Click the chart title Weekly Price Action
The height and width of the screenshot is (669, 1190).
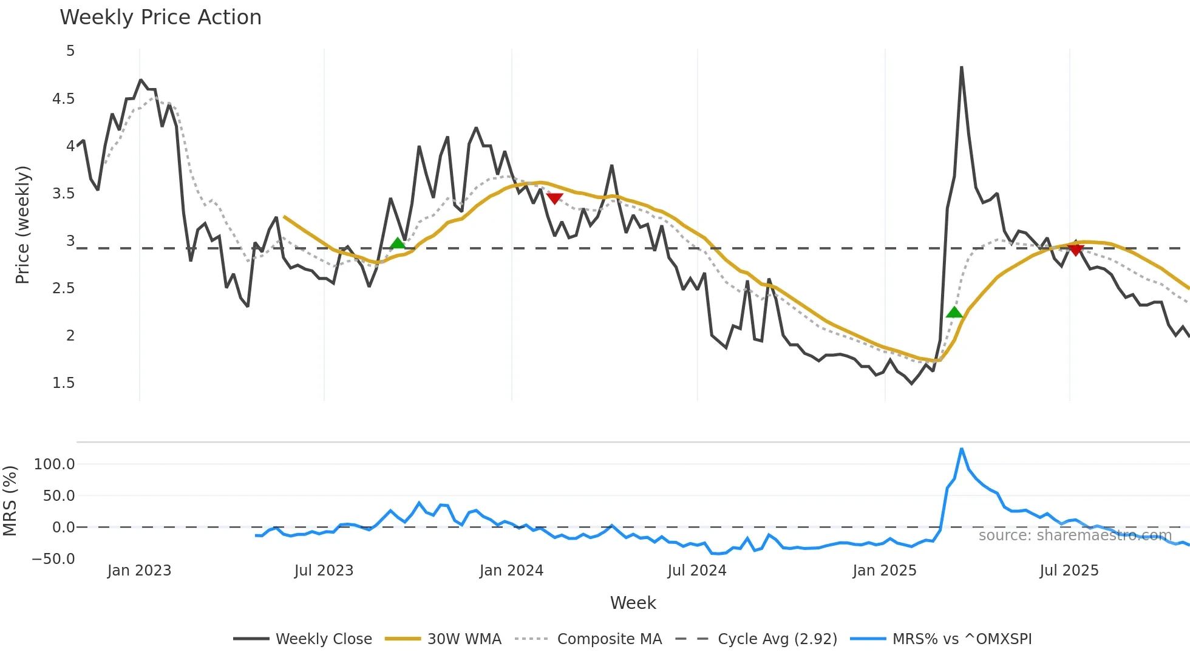click(160, 18)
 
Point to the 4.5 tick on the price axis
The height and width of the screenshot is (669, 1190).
click(64, 99)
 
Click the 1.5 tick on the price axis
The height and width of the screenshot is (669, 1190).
click(64, 383)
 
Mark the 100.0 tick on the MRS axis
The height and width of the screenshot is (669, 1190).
click(55, 464)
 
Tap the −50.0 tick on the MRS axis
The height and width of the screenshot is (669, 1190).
click(53, 559)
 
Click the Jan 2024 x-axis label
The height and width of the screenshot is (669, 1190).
click(511, 571)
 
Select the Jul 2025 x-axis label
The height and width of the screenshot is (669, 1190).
click(1069, 571)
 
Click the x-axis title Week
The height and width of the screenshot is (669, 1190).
click(633, 603)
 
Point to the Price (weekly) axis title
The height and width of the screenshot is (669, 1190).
click(22, 225)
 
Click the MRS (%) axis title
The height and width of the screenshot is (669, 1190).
click(10, 501)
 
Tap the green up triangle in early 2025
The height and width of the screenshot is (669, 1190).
click(954, 313)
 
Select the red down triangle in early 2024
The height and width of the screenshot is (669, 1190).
click(554, 199)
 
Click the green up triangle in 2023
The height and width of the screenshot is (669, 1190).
click(398, 243)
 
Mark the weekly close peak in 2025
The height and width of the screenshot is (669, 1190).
click(962, 67)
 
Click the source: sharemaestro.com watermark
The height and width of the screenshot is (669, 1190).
click(1075, 535)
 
